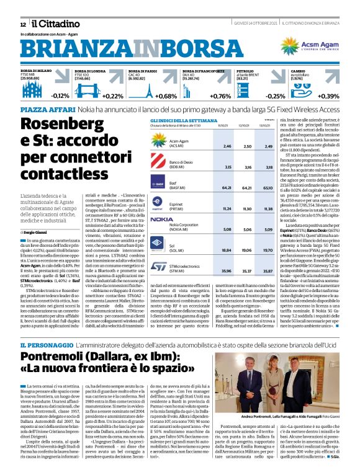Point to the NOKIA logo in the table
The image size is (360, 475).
pos(160,219)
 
